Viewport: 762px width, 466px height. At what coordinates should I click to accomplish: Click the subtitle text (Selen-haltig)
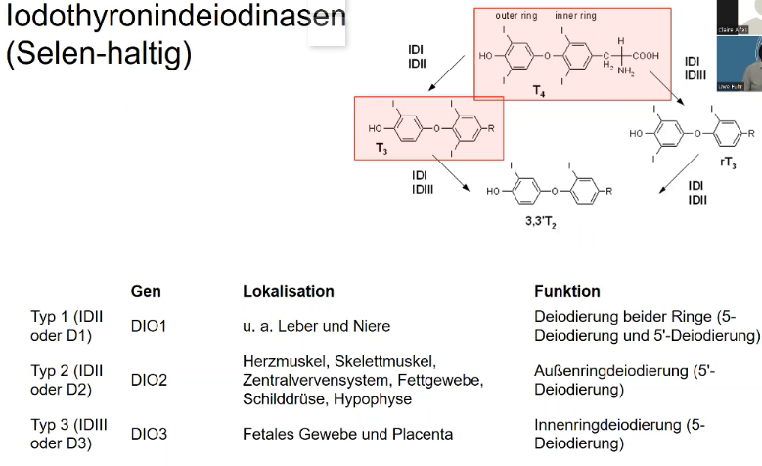[x=98, y=52]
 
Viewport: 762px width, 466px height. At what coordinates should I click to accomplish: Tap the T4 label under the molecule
[x=539, y=89]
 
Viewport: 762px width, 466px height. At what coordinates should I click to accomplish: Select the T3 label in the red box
[x=382, y=148]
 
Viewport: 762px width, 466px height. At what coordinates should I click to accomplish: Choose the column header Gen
[x=146, y=291]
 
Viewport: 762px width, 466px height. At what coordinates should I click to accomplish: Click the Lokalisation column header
[x=288, y=291]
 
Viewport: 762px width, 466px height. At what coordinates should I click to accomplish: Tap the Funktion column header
[x=567, y=291]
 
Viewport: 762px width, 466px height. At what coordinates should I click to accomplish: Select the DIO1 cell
[x=149, y=326]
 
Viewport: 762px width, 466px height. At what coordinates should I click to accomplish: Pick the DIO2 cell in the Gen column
[x=149, y=380]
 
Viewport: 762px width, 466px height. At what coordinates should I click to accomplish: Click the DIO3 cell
[x=149, y=434]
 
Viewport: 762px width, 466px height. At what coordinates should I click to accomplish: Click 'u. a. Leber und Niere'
[x=315, y=326]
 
